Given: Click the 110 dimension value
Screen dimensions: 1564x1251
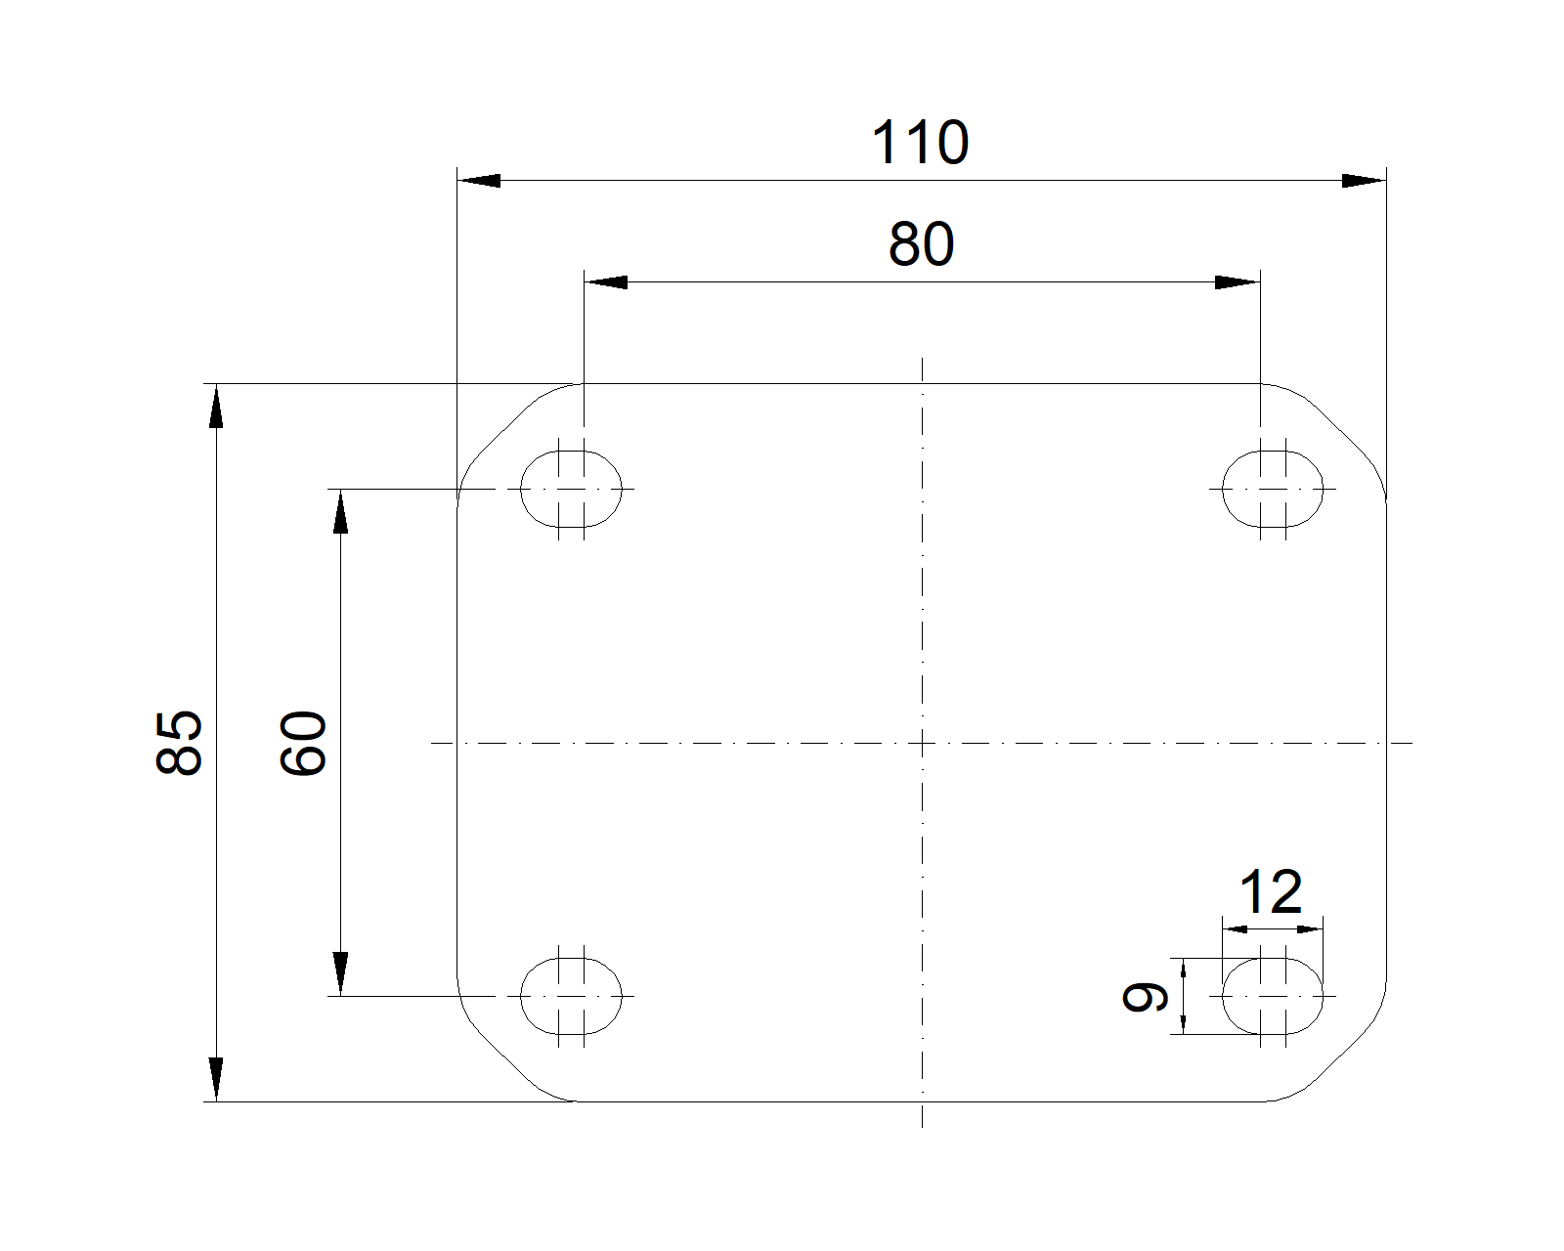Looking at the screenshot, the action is click(920, 143).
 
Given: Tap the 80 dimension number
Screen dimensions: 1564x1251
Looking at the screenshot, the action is click(921, 244).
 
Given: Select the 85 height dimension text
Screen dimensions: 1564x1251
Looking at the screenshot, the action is click(179, 743).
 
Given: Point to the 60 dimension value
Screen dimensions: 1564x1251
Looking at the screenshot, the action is click(303, 743).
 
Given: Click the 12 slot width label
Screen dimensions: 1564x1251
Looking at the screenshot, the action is click(1271, 892).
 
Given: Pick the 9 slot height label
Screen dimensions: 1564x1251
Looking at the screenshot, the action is click(1145, 996).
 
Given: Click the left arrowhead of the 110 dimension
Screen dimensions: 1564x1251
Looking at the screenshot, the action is click(478, 180).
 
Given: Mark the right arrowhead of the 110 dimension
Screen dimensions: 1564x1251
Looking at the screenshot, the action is click(1365, 180).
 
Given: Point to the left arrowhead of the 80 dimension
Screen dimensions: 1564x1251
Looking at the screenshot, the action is click(605, 282).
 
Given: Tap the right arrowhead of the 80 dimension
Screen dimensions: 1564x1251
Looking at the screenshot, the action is click(1238, 282).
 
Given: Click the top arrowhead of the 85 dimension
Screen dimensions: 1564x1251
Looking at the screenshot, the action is click(216, 406).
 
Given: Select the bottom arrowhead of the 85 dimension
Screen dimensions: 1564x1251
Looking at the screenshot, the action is click(216, 1080).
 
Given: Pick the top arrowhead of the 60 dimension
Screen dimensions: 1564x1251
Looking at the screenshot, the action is click(340, 511).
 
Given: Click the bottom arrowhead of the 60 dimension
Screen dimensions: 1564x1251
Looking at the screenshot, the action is click(340, 974).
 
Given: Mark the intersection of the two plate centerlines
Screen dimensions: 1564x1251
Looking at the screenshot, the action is click(922, 743).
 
